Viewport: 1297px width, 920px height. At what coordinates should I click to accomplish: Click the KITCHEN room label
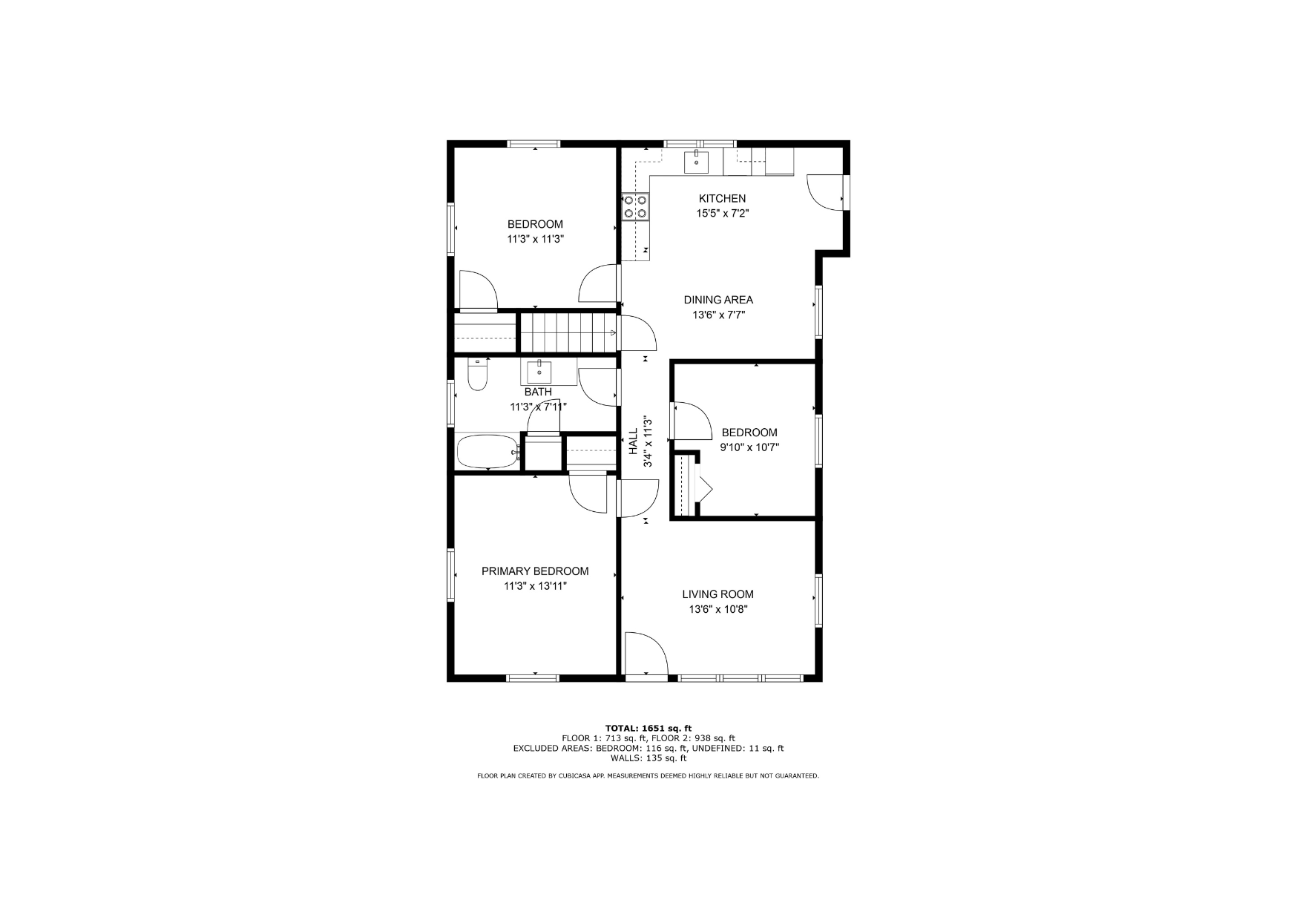click(722, 198)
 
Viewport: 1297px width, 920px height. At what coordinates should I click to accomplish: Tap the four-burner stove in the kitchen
click(636, 206)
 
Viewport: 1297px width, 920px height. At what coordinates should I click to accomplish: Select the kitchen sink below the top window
click(696, 162)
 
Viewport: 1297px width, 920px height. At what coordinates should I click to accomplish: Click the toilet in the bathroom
click(477, 375)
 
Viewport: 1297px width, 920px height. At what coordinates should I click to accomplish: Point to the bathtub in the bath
click(487, 453)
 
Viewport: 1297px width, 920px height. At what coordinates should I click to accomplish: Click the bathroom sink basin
click(539, 372)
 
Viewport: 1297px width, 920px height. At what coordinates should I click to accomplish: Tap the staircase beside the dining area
click(568, 332)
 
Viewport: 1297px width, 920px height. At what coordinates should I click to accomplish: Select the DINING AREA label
click(718, 300)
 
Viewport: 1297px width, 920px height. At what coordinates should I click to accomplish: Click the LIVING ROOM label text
click(718, 594)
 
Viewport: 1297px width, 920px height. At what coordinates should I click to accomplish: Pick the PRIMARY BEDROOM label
click(535, 571)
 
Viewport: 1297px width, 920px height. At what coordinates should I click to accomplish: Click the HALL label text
click(634, 441)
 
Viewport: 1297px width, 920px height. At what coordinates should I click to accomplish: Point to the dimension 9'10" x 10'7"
click(749, 447)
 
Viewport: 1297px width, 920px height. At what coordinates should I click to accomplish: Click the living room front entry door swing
click(646, 654)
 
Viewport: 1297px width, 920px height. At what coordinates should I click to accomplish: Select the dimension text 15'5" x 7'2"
click(722, 214)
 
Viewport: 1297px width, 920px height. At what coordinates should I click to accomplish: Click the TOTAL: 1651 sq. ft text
click(648, 729)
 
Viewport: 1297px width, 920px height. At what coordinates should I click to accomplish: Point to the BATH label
click(538, 392)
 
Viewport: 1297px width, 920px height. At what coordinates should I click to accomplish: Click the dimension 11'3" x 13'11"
click(535, 586)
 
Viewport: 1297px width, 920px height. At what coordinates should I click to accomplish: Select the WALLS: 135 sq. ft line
click(648, 758)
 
